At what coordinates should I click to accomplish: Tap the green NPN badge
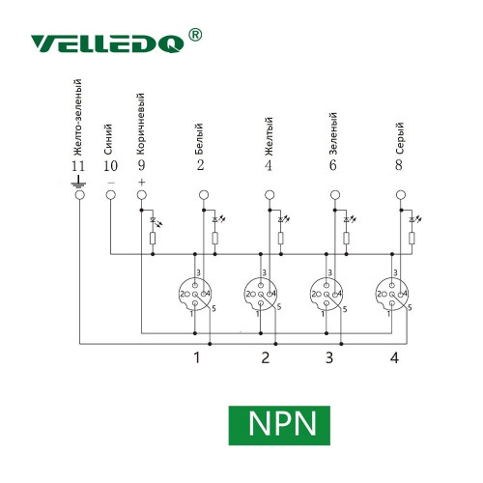point(279,425)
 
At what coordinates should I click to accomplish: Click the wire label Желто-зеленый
point(77,118)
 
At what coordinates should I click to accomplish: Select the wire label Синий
point(108,139)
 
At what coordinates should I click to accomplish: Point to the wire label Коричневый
point(140,124)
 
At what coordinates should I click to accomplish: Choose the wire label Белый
point(199,139)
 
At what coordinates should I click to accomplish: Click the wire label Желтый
point(269,136)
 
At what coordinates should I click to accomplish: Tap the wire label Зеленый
point(333,133)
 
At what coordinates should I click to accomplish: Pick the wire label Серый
point(399,138)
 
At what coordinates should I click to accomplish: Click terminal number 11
point(78,166)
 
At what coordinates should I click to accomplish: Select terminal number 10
point(110,166)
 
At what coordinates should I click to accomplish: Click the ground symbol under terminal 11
point(78,182)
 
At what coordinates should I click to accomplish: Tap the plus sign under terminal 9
point(142,183)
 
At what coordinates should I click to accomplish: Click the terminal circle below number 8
point(401,195)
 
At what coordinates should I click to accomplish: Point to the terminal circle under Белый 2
point(204,195)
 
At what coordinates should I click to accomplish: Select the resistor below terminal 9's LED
point(153,239)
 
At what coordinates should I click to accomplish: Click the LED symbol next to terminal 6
point(349,220)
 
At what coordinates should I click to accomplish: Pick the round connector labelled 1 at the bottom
point(195,294)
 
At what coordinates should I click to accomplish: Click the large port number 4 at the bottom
point(394,357)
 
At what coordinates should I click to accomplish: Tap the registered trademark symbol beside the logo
point(195,35)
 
